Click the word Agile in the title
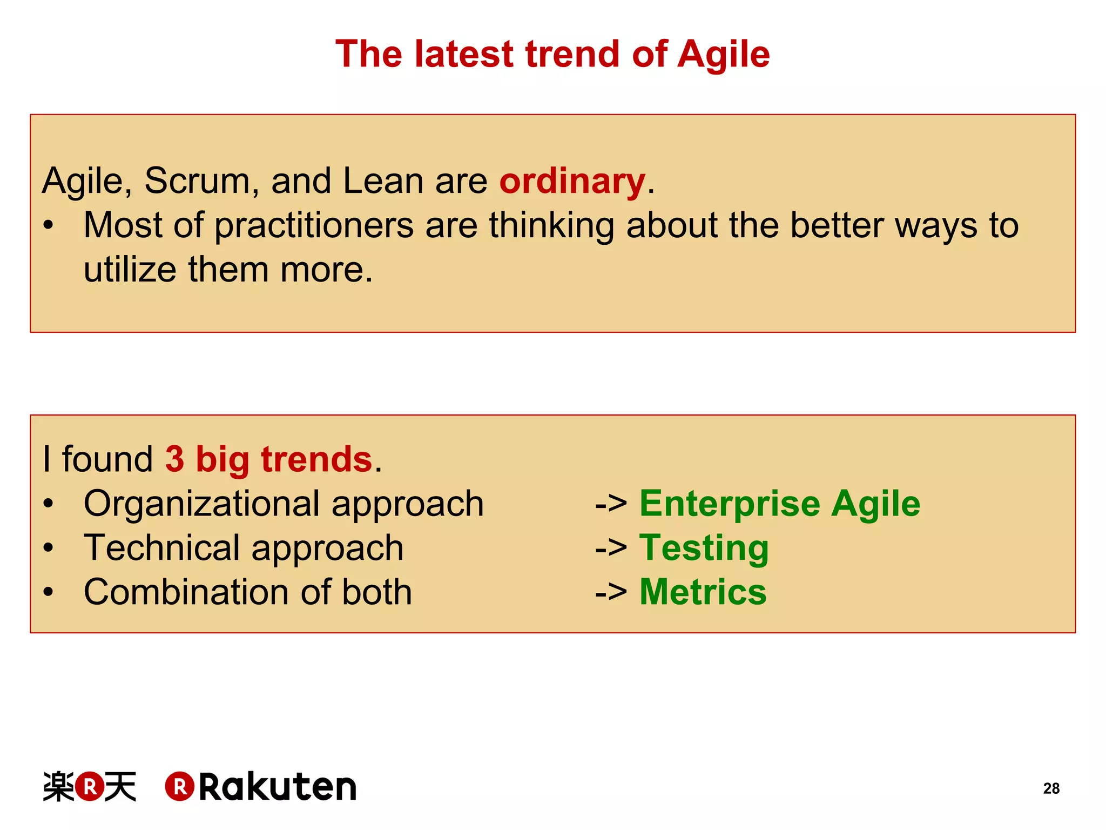pos(723,55)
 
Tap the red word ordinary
pos(572,181)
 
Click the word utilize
pos(130,270)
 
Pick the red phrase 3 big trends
pos(268,459)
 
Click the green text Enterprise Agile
pos(779,504)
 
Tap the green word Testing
pos(704,548)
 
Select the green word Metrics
pos(703,592)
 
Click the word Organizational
pos(202,504)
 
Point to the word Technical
pos(161,548)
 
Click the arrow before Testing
pos(610,549)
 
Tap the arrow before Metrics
pos(610,593)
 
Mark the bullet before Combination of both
pos(49,592)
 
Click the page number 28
pos(1051,788)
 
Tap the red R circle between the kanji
pos(90,787)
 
